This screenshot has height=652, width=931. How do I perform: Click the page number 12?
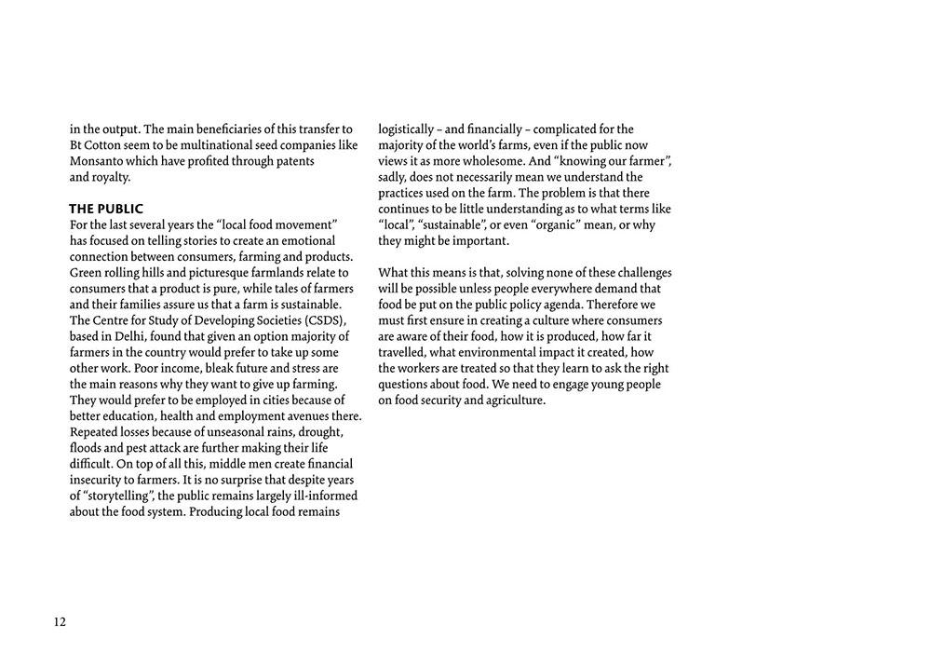tap(60, 622)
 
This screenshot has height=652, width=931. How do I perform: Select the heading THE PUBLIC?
tap(106, 209)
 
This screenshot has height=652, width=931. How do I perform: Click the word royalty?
tap(112, 177)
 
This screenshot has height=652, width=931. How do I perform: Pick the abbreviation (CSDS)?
tap(322, 320)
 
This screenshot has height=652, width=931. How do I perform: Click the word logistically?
tap(406, 129)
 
